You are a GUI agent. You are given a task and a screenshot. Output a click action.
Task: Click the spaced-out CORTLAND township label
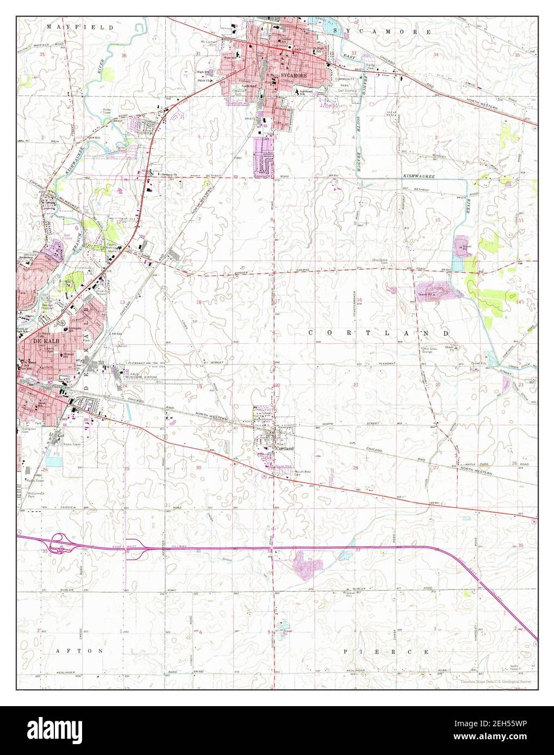point(379,332)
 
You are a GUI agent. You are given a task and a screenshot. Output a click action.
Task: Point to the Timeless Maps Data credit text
point(495,681)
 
